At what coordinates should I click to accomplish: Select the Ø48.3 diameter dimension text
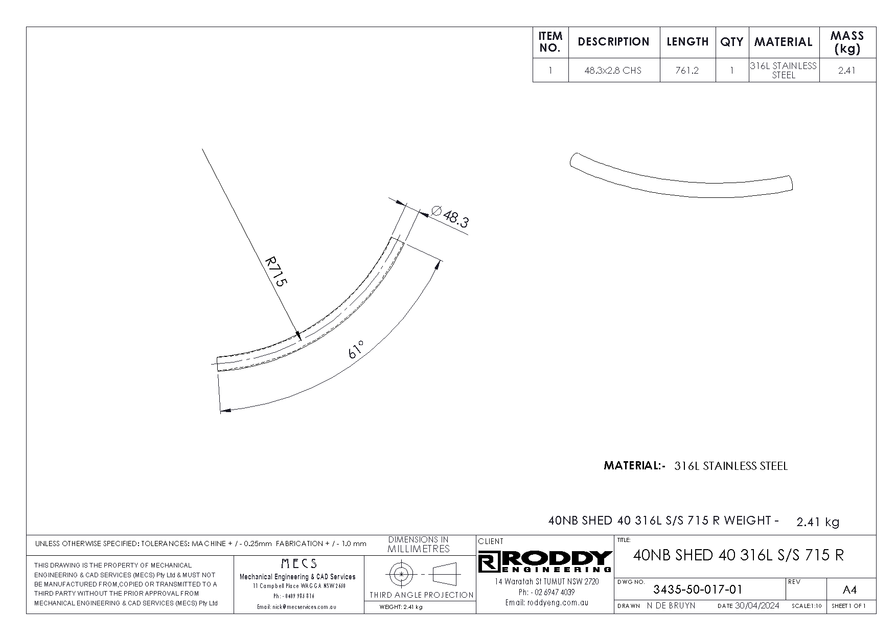(449, 217)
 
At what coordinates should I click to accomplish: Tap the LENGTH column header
(687, 42)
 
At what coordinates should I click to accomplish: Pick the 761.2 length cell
(687, 71)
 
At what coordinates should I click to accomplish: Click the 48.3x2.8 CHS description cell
(613, 71)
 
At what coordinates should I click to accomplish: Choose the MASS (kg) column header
(847, 42)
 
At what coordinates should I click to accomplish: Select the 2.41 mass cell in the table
(847, 71)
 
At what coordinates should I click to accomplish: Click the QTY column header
(731, 42)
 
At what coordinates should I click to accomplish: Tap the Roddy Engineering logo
(545, 561)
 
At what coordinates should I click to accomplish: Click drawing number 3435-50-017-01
(698, 590)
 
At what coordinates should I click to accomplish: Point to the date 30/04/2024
(756, 606)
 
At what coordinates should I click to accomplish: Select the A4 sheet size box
(849, 590)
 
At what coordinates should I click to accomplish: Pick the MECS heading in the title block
(299, 563)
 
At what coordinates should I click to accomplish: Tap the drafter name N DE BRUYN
(671, 606)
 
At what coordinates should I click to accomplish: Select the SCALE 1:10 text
(807, 606)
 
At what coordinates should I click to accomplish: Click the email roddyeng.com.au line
(547, 603)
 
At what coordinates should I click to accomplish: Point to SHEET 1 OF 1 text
(848, 606)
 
